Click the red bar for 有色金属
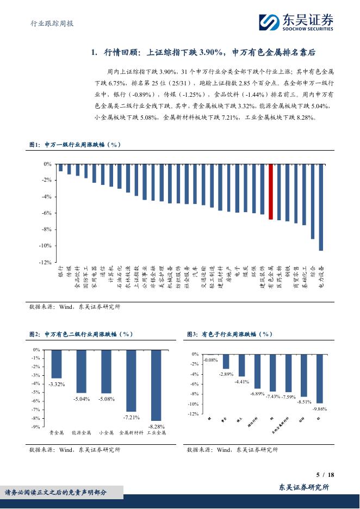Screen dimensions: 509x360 [x=270, y=191]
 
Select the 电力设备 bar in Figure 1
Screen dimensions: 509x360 [x=321, y=207]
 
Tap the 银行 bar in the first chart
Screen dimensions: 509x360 [x=61, y=167]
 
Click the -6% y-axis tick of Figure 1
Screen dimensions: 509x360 [x=47, y=213]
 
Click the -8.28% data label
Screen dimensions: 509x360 [x=156, y=427]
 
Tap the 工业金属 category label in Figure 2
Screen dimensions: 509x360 [x=156, y=433]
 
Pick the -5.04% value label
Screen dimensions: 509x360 [x=82, y=399]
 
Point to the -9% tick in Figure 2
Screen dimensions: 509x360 [x=36, y=427]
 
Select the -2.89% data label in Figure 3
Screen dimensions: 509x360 [x=226, y=374]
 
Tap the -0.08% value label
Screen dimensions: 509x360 [x=210, y=360]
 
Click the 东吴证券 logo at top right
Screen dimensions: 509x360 [x=296, y=22]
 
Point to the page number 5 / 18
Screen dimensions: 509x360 [x=325, y=475]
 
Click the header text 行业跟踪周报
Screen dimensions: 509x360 [x=51, y=23]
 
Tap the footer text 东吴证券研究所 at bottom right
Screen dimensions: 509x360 [x=304, y=488]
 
